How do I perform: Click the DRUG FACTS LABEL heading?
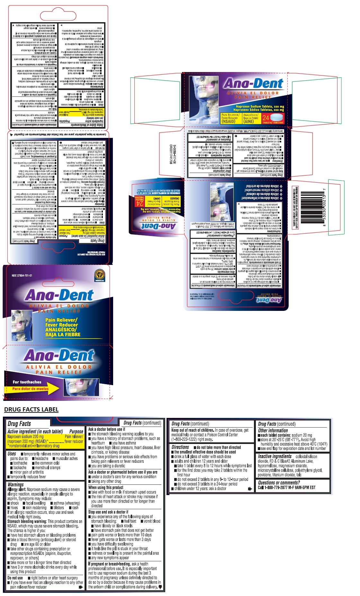[31, 410]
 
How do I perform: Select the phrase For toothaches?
[27, 382]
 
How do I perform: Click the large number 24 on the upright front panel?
[265, 118]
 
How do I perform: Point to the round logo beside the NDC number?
[100, 275]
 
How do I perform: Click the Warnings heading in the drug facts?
[15, 484]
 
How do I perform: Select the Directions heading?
[180, 447]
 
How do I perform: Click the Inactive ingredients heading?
[274, 456]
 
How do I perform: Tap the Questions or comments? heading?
[279, 483]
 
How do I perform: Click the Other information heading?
[273, 430]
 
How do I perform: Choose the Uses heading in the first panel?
[12, 454]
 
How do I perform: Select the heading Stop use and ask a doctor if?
[108, 512]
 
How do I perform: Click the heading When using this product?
[106, 487]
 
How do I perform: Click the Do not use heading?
[15, 578]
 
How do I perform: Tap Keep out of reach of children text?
[193, 430]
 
